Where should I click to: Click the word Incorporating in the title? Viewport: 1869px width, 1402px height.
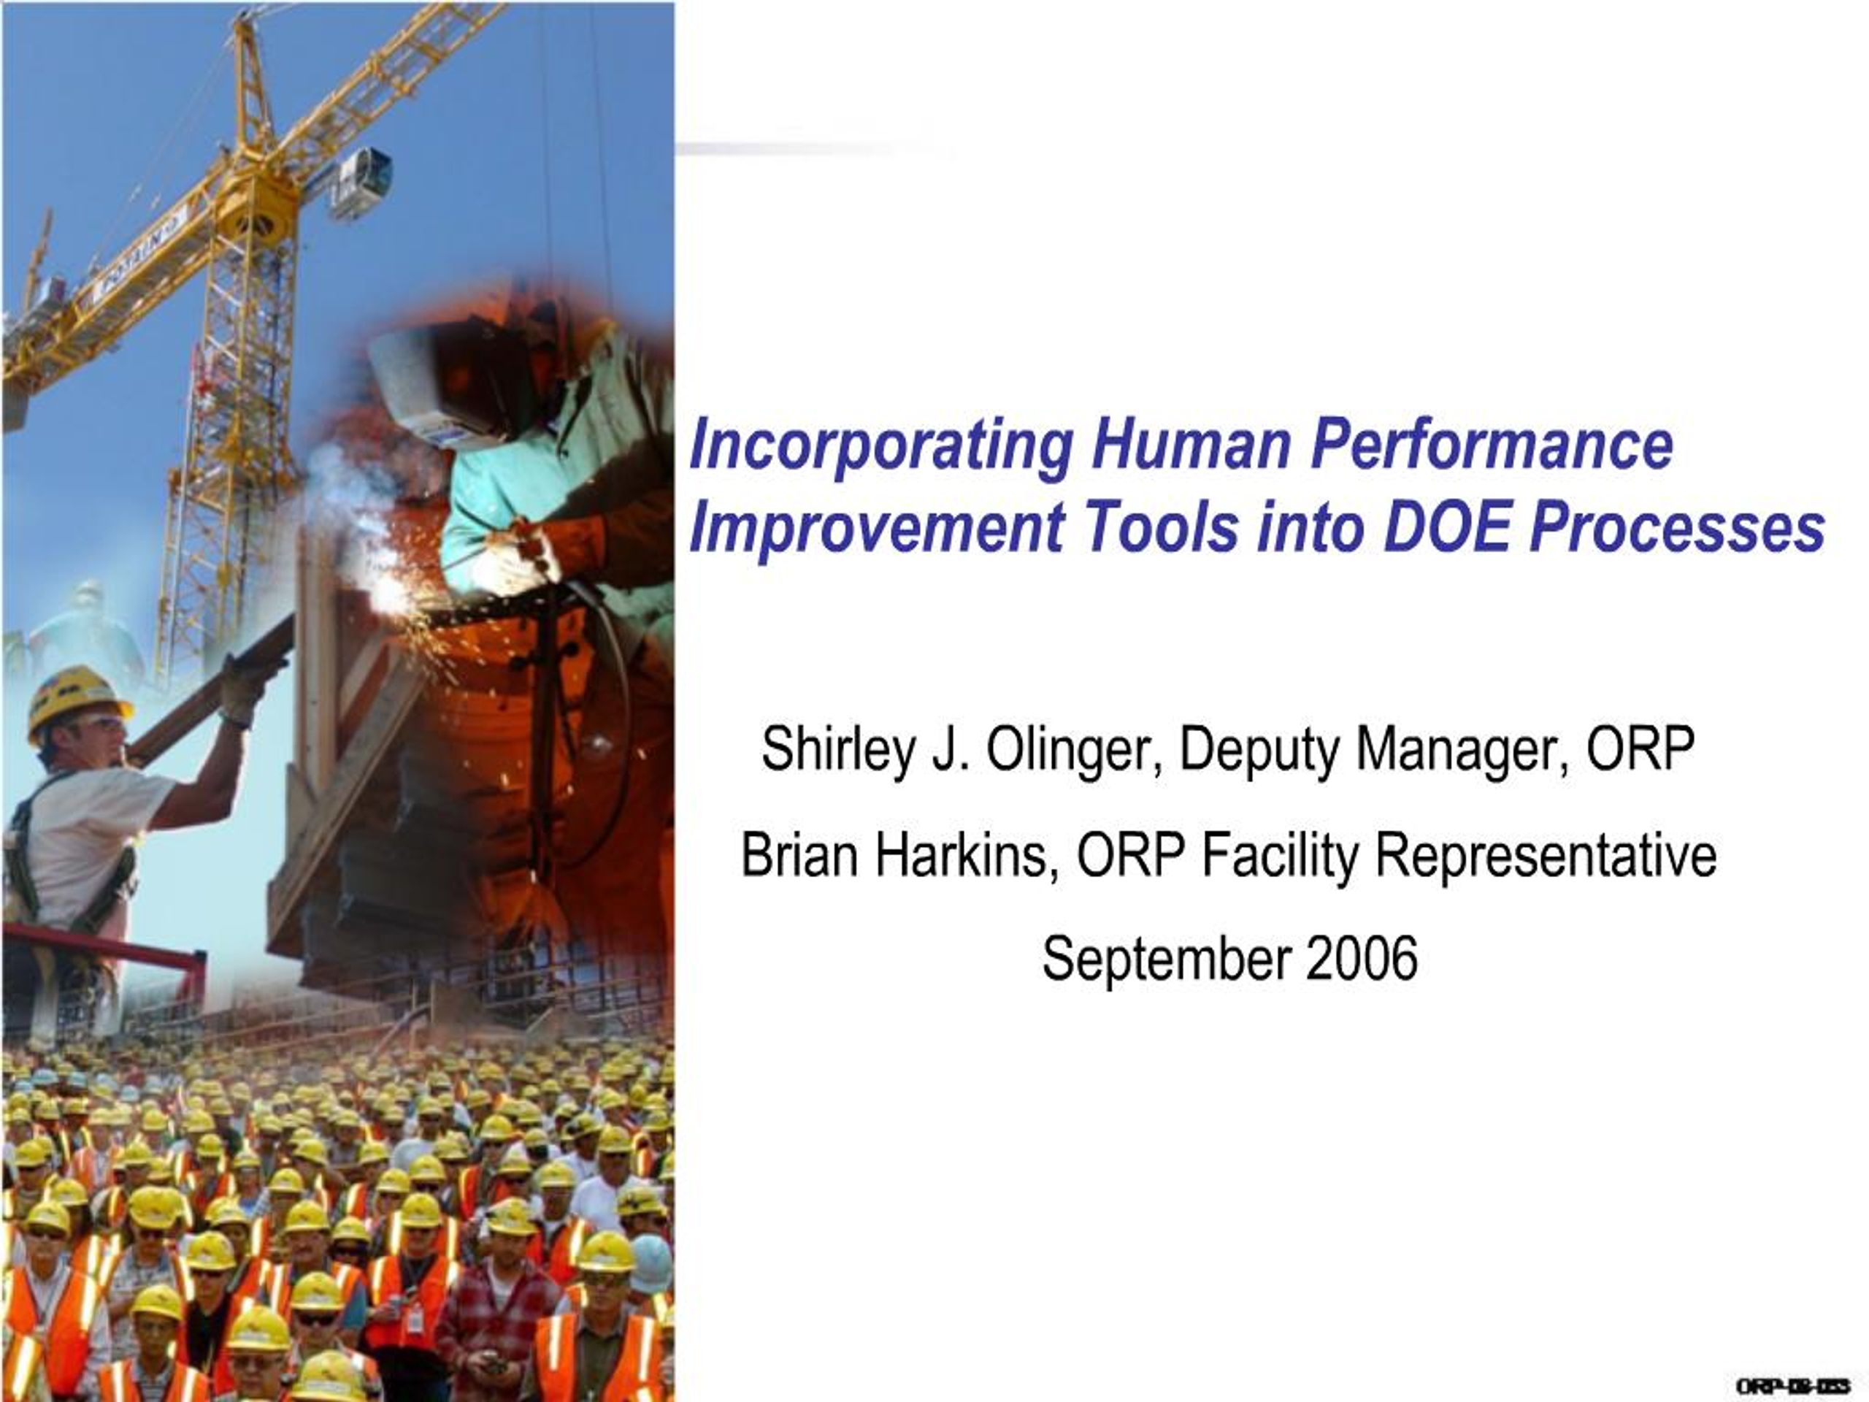(x=881, y=447)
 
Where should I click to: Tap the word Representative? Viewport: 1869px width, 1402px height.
(x=1546, y=856)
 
